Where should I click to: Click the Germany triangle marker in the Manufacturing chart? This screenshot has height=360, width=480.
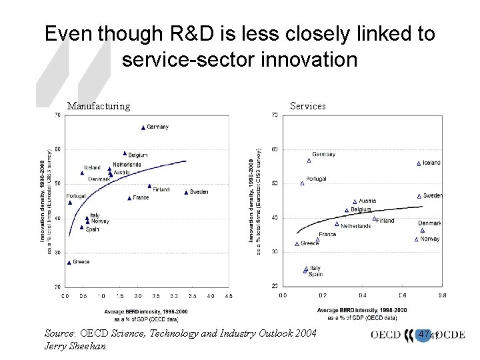(x=143, y=127)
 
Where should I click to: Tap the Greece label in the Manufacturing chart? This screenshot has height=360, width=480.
(x=81, y=262)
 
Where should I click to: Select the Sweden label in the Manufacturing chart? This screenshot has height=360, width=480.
(x=199, y=192)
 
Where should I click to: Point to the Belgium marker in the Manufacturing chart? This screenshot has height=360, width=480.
(x=125, y=153)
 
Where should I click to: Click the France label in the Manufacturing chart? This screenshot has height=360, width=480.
(x=141, y=198)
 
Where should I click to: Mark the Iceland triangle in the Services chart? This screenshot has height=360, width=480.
(x=419, y=163)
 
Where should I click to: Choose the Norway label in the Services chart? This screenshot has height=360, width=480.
(x=430, y=239)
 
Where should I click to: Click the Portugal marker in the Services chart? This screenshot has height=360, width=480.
(x=302, y=183)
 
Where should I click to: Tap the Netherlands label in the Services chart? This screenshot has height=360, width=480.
(x=355, y=226)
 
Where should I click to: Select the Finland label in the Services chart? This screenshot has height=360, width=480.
(x=385, y=221)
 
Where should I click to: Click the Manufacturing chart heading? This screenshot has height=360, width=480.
(x=99, y=105)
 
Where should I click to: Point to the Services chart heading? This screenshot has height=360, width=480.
(x=308, y=105)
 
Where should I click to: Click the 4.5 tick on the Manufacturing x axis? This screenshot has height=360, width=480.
(x=228, y=295)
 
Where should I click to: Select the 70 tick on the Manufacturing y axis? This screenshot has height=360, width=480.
(x=57, y=115)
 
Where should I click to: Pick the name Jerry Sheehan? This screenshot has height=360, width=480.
(x=75, y=345)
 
